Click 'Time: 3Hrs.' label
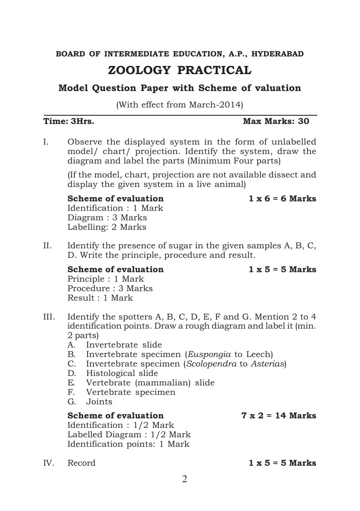(x=69, y=121)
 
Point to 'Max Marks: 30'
(x=276, y=121)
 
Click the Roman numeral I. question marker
(x=46, y=142)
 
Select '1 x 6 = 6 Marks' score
(x=282, y=198)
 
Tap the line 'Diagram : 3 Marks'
(x=107, y=217)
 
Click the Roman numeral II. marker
(x=47, y=246)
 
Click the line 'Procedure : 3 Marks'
(x=110, y=288)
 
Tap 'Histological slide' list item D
(x=122, y=373)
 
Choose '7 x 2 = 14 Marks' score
(x=279, y=415)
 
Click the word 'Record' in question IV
(x=81, y=463)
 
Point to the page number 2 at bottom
(x=185, y=479)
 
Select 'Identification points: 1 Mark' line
(x=128, y=444)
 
